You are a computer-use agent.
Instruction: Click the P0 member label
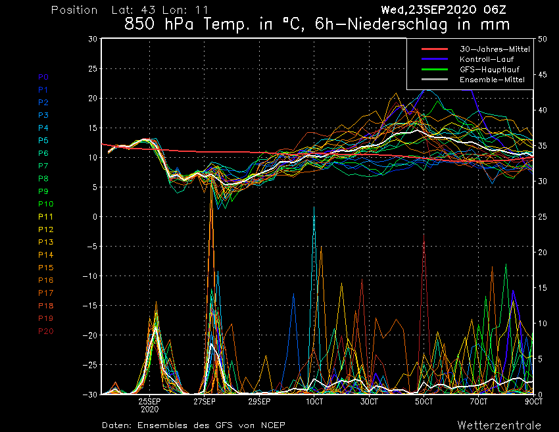[43, 77]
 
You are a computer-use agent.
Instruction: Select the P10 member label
[45, 204]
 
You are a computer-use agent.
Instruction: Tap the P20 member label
[45, 331]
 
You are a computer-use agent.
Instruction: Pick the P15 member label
[45, 268]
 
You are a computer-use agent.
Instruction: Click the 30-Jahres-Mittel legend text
[495, 49]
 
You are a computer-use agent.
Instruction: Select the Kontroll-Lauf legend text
[486, 59]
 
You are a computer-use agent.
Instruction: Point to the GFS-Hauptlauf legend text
[489, 70]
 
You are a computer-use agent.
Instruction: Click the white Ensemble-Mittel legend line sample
[435, 79]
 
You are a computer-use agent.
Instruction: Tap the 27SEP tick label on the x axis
[205, 402]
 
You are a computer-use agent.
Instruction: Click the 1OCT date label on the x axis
[314, 402]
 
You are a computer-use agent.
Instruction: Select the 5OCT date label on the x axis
[424, 402]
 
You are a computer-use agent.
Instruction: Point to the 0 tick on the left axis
[95, 217]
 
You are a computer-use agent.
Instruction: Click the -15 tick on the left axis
[90, 306]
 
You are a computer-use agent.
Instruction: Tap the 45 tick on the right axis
[543, 74]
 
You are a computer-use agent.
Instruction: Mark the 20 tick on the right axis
[543, 252]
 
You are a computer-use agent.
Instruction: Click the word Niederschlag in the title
[397, 24]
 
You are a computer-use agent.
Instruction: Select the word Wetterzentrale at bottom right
[499, 425]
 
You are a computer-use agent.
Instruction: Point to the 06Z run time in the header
[495, 10]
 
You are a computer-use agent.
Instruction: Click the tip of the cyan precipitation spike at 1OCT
[314, 206]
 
